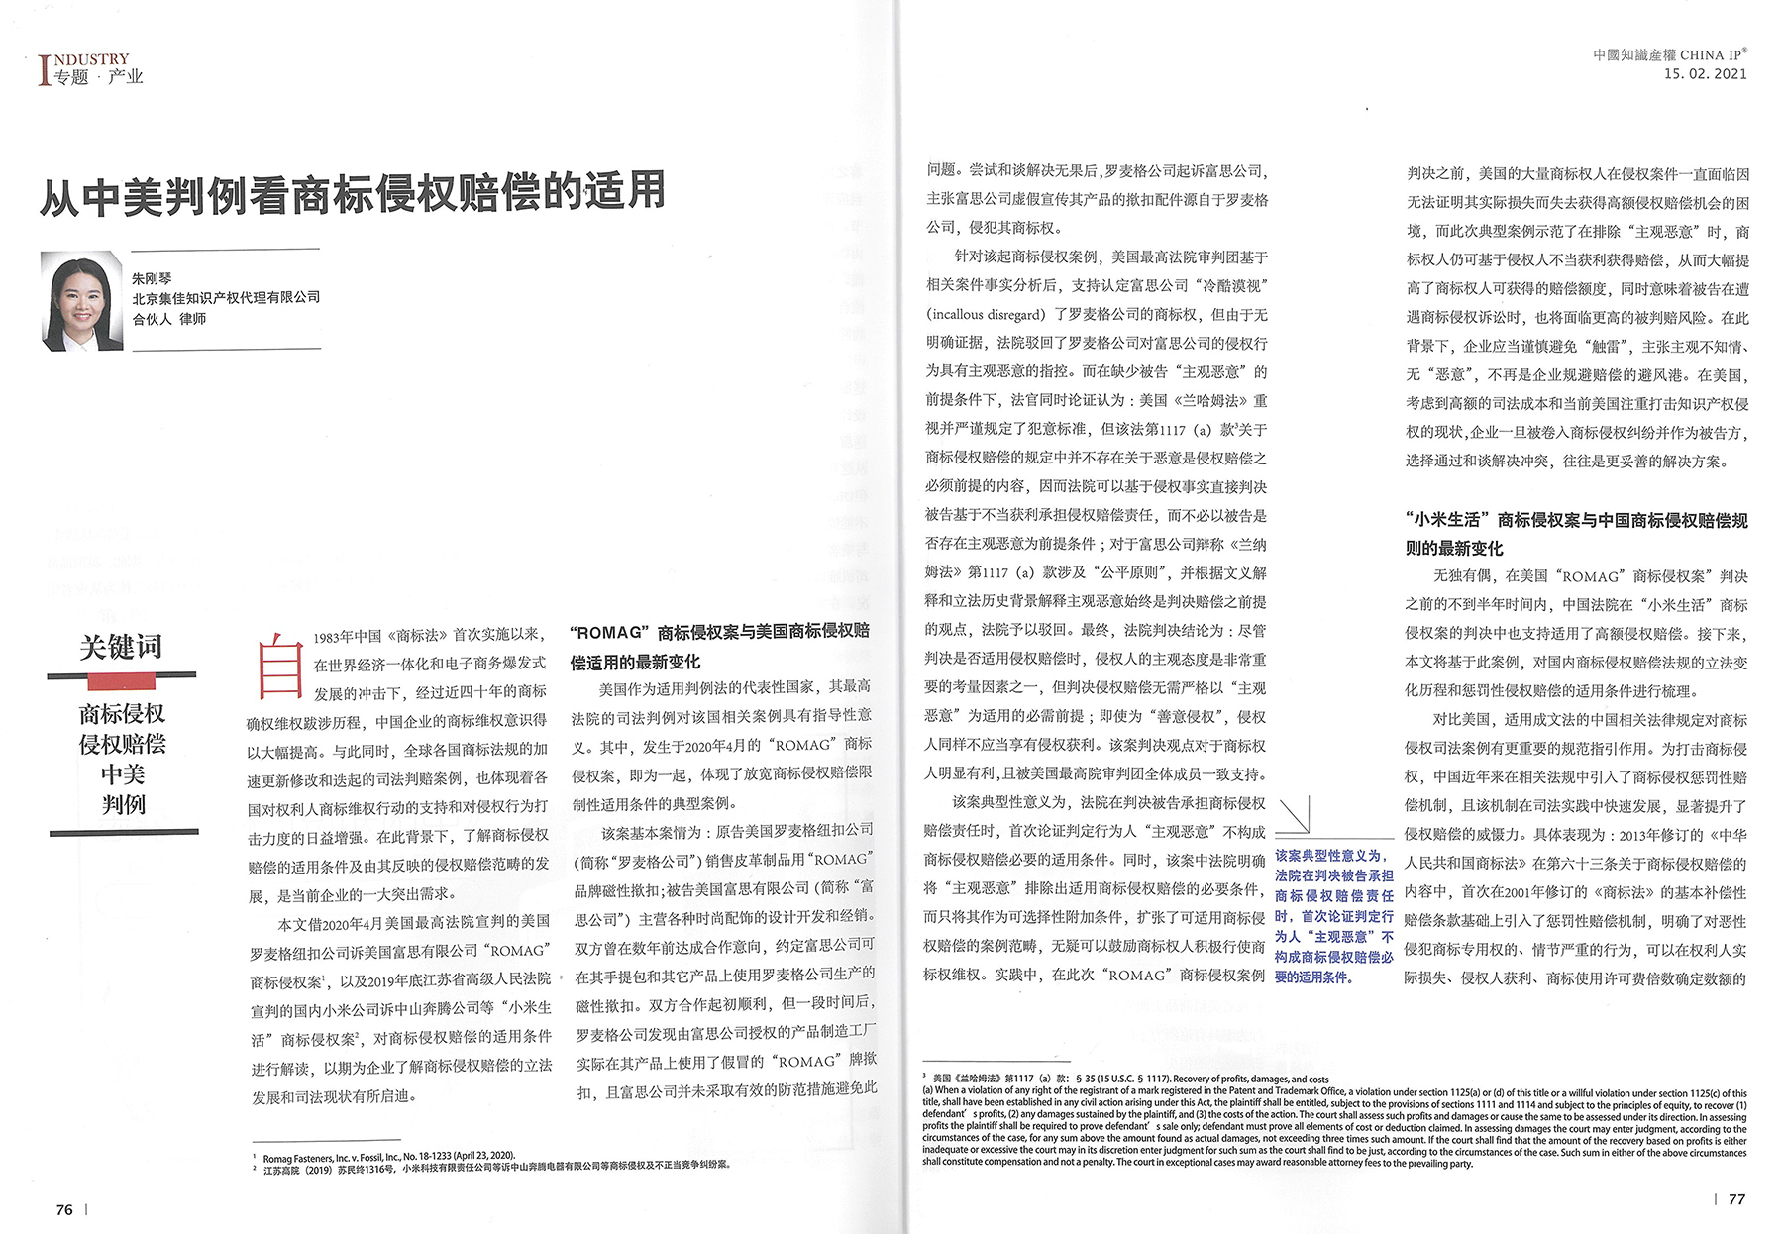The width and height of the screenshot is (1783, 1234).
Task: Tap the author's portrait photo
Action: pyautogui.click(x=82, y=301)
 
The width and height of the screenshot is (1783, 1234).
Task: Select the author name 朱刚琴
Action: pyautogui.click(x=152, y=278)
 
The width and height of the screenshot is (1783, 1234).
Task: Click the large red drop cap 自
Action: pyautogui.click(x=278, y=668)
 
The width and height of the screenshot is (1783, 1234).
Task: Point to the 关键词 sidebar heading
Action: pyautogui.click(x=121, y=647)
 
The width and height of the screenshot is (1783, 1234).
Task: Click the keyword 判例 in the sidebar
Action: pyautogui.click(x=123, y=804)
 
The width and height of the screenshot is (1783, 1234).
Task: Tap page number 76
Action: pyautogui.click(x=64, y=1209)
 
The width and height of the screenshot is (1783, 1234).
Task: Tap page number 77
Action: pyautogui.click(x=1736, y=1199)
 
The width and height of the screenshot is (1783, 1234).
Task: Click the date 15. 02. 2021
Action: pyautogui.click(x=1705, y=74)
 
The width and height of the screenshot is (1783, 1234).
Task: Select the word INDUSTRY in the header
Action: pyautogui.click(x=91, y=59)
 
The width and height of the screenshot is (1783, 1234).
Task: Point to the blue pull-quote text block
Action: pyautogui.click(x=1333, y=915)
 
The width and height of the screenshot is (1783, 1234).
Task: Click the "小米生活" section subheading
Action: pyautogui.click(x=1575, y=534)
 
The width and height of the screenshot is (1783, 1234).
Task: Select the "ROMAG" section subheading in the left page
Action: pyautogui.click(x=719, y=647)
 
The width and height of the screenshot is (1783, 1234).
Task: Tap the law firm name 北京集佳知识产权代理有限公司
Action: pyautogui.click(x=226, y=297)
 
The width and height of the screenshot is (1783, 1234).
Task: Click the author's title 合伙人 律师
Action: pyautogui.click(x=169, y=319)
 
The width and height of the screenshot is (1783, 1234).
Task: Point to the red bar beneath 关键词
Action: pyautogui.click(x=122, y=680)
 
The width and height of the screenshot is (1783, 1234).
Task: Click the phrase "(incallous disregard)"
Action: pyautogui.click(x=987, y=315)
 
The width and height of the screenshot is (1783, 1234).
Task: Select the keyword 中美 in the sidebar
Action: pyautogui.click(x=123, y=773)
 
